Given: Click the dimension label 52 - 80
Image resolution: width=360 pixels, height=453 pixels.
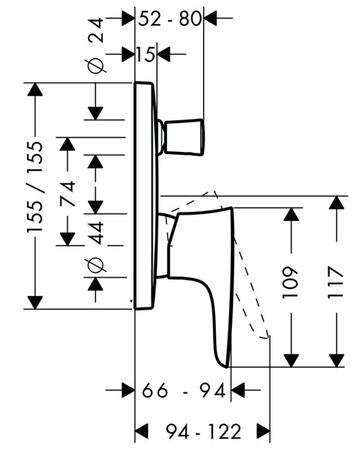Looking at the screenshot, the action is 170,19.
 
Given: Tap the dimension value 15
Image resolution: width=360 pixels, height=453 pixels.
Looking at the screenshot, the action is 145,54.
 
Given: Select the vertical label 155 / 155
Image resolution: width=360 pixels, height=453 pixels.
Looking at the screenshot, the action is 35,187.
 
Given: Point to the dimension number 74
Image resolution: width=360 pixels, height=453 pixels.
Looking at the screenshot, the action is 68,194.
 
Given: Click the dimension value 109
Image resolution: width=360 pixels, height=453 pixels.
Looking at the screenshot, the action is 290,283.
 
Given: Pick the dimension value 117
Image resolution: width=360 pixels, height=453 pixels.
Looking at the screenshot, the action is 336,283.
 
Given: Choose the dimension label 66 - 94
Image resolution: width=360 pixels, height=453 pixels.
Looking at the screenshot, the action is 184,390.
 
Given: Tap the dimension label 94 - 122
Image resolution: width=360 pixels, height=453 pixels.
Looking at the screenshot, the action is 204,431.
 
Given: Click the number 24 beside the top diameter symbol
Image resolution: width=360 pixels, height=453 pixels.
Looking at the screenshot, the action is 96,30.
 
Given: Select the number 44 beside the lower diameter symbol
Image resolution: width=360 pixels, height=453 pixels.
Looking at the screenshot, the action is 96,233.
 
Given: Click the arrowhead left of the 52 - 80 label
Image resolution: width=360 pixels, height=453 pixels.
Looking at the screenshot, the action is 128,18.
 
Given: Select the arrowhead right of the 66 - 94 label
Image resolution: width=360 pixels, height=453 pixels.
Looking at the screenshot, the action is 238,390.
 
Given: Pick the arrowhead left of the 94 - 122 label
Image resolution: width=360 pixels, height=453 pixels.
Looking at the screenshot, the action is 142,431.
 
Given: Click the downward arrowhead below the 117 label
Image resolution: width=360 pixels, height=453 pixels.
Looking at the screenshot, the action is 336,361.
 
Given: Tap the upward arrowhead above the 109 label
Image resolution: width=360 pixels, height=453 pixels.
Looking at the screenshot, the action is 291,214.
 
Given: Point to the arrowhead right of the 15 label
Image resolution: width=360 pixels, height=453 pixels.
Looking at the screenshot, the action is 163,54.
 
